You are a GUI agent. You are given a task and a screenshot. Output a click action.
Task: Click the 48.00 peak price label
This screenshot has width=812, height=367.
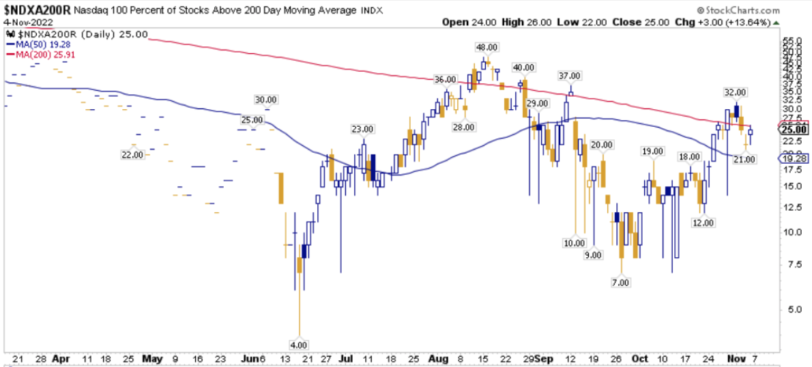coord(485,47)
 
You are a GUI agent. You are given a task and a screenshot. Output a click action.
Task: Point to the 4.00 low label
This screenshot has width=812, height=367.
coord(300,344)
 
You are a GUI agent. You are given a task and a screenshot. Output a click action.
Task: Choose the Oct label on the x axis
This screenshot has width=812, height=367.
coord(639,357)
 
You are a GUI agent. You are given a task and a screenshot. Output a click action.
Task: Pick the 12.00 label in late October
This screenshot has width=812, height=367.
coord(703,223)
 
